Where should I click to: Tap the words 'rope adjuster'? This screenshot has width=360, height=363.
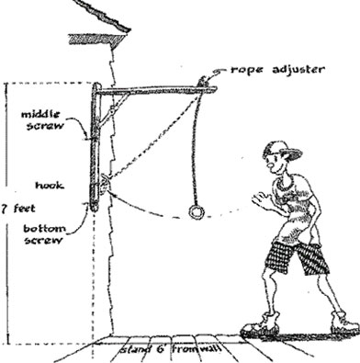click(x=277, y=70)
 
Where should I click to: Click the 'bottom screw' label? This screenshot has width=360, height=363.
click(x=44, y=234)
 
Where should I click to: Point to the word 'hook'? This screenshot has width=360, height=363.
click(x=50, y=186)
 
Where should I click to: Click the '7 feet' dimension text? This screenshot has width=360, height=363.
click(x=18, y=209)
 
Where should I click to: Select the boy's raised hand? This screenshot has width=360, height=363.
click(x=261, y=200)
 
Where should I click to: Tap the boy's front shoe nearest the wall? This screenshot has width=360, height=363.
click(x=260, y=326)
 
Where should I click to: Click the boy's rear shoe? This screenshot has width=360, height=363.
click(x=345, y=324)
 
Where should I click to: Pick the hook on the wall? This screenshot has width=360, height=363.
click(x=104, y=185)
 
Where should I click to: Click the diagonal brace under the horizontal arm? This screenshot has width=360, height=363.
click(x=113, y=109)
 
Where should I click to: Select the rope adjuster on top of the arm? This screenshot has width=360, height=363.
click(x=203, y=82)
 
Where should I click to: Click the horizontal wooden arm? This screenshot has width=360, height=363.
click(x=157, y=90)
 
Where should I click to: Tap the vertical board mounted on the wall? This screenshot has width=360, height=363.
click(x=96, y=147)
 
